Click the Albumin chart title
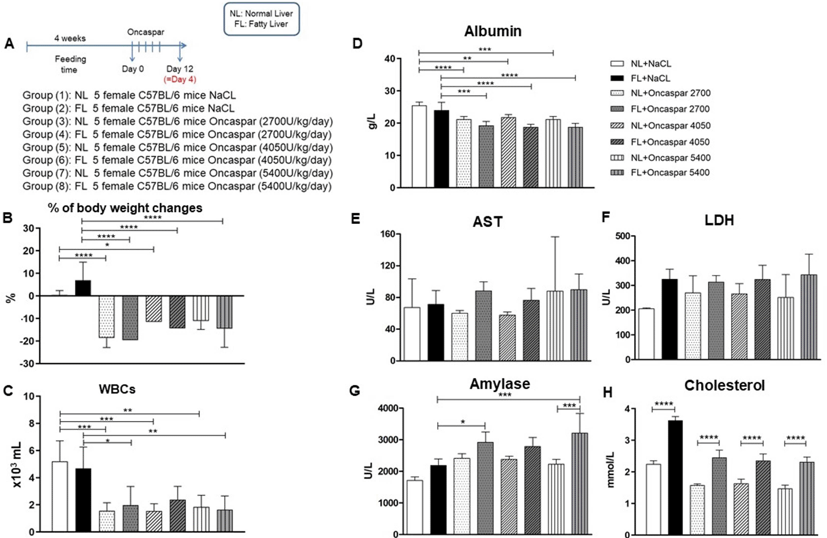tap(493, 31)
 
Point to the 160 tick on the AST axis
tap(388, 234)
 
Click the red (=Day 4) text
tap(180, 79)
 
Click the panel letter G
tap(355, 390)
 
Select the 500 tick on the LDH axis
tap(622, 236)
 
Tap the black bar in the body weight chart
tap(83, 288)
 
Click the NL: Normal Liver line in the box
tap(261, 14)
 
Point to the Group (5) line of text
tap(177, 147)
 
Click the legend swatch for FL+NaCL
tap(617, 78)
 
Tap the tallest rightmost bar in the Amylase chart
tap(580, 483)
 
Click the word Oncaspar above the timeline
tap(145, 32)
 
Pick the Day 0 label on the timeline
tap(133, 69)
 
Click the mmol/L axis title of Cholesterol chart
tap(611, 470)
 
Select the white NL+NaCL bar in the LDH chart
tap(646, 334)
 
